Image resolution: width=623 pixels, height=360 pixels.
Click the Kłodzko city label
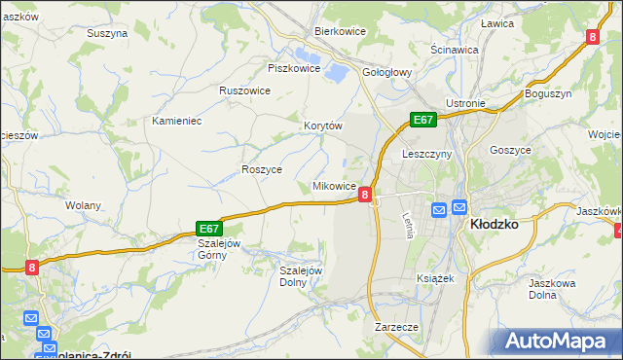click(494, 223)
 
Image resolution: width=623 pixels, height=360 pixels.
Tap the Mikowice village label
click(333, 185)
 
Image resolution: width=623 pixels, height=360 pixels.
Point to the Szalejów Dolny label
click(300, 276)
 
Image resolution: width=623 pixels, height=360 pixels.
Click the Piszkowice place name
click(294, 68)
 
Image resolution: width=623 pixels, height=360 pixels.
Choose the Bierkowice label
click(339, 31)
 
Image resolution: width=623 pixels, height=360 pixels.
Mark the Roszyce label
click(261, 169)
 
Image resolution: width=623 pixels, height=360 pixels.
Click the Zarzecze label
click(396, 327)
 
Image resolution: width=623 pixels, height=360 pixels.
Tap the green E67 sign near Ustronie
click(421, 119)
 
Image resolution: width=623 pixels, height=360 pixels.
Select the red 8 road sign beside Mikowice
click(364, 195)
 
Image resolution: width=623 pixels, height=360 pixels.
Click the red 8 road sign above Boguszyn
click(592, 37)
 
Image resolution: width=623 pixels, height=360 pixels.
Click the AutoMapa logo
click(560, 341)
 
